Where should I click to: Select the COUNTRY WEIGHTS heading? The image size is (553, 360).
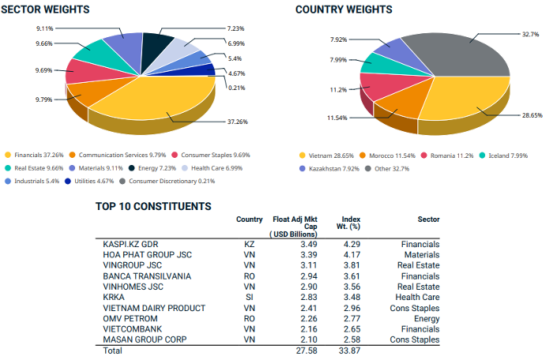(344, 9)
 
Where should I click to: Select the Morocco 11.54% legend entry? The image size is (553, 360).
(392, 156)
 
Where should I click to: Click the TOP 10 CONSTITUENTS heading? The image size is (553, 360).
(153, 207)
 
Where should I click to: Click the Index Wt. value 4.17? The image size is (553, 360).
(350, 255)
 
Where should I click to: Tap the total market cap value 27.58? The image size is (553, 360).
(305, 350)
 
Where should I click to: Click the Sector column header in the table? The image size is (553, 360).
(427, 219)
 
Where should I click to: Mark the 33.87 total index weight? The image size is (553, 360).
(348, 350)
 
